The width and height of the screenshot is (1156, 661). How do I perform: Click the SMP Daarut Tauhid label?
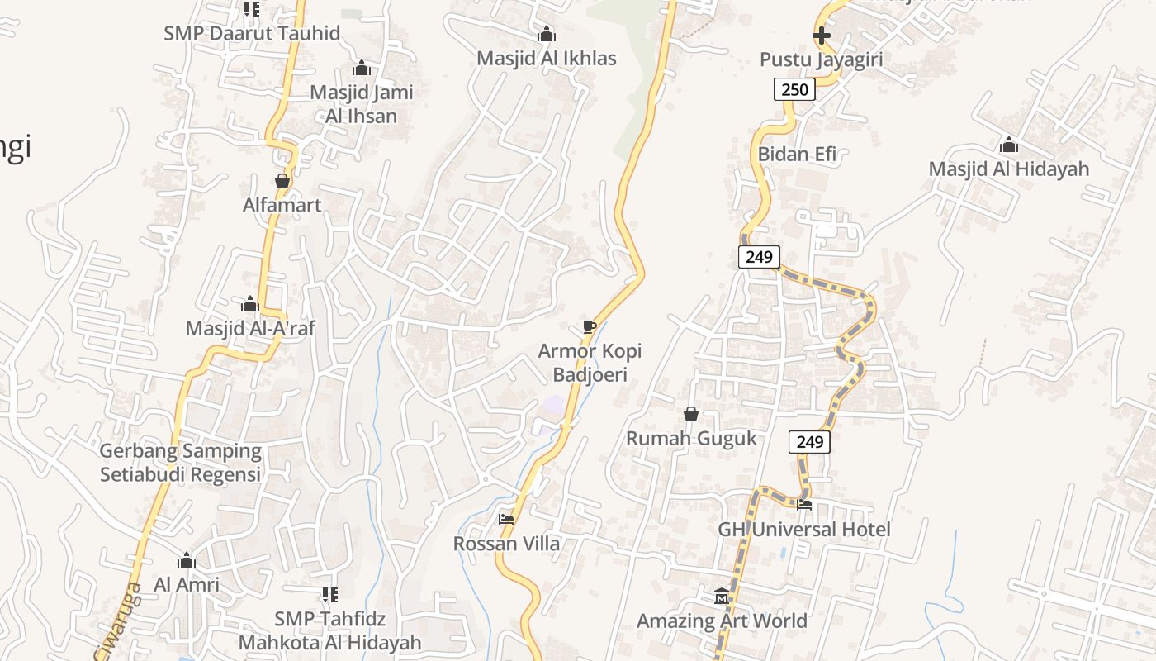point(251,34)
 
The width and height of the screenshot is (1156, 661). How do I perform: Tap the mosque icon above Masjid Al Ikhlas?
point(546,35)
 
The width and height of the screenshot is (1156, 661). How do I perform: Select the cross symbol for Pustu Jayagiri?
point(822,36)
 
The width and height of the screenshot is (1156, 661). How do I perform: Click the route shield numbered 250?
point(794,89)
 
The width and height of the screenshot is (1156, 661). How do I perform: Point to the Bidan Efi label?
point(797,154)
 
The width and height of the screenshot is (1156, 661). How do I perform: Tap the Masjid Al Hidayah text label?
point(1008,169)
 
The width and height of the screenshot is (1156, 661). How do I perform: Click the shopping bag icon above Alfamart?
point(282,181)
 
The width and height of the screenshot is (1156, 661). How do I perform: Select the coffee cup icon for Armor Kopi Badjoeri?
point(589,327)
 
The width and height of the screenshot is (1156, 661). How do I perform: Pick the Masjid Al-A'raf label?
point(250,329)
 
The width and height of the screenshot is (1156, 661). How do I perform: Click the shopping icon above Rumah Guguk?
point(691,414)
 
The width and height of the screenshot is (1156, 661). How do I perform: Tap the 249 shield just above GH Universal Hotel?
point(809,442)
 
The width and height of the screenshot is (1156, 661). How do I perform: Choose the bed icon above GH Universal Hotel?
point(804,504)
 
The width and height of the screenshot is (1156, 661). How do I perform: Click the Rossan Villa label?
point(506,544)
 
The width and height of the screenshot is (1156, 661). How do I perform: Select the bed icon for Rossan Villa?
point(506,520)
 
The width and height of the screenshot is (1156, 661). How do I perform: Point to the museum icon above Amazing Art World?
point(722,597)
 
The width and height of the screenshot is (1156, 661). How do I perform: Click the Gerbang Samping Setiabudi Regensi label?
point(180,463)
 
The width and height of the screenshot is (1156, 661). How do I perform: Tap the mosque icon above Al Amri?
point(187,561)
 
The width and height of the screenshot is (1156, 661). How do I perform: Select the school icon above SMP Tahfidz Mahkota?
point(329,595)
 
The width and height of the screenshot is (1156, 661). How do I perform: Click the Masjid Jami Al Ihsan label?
point(361,104)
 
